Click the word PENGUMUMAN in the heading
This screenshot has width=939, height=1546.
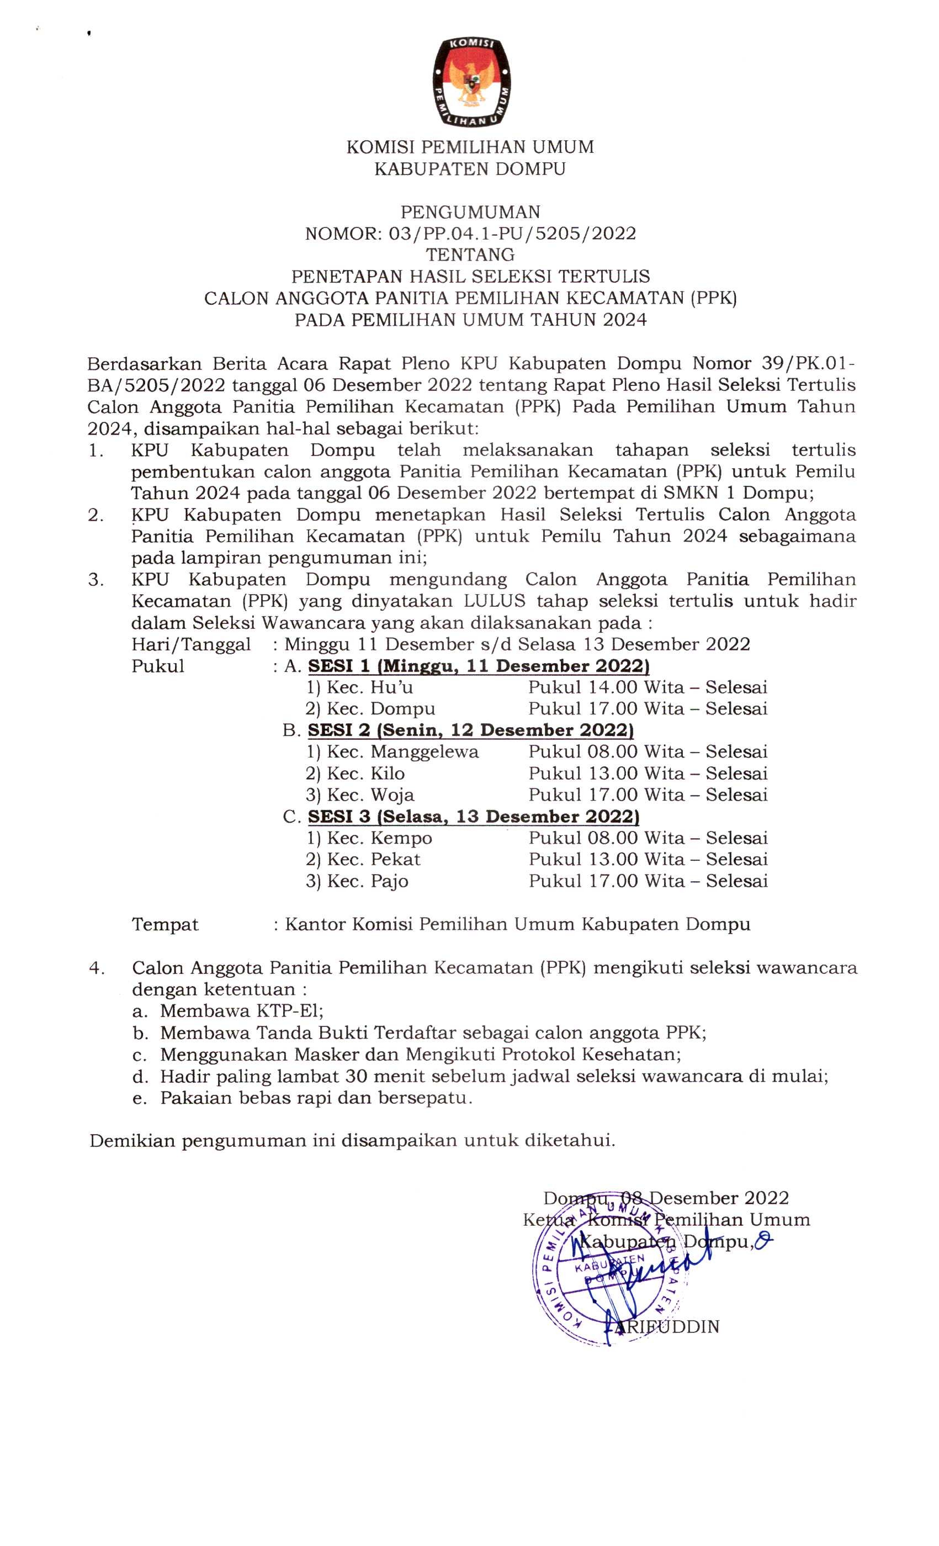tap(470, 212)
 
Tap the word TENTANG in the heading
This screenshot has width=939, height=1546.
tap(470, 255)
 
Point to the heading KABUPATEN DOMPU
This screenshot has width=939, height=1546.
tap(470, 170)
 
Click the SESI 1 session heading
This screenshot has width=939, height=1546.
tap(478, 666)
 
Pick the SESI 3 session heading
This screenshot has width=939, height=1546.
tap(473, 817)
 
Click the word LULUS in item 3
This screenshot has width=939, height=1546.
tap(494, 602)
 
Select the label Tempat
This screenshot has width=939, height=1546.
tap(165, 925)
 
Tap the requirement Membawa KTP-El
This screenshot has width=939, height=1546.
tap(241, 1011)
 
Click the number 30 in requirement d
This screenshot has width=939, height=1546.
tap(358, 1077)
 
